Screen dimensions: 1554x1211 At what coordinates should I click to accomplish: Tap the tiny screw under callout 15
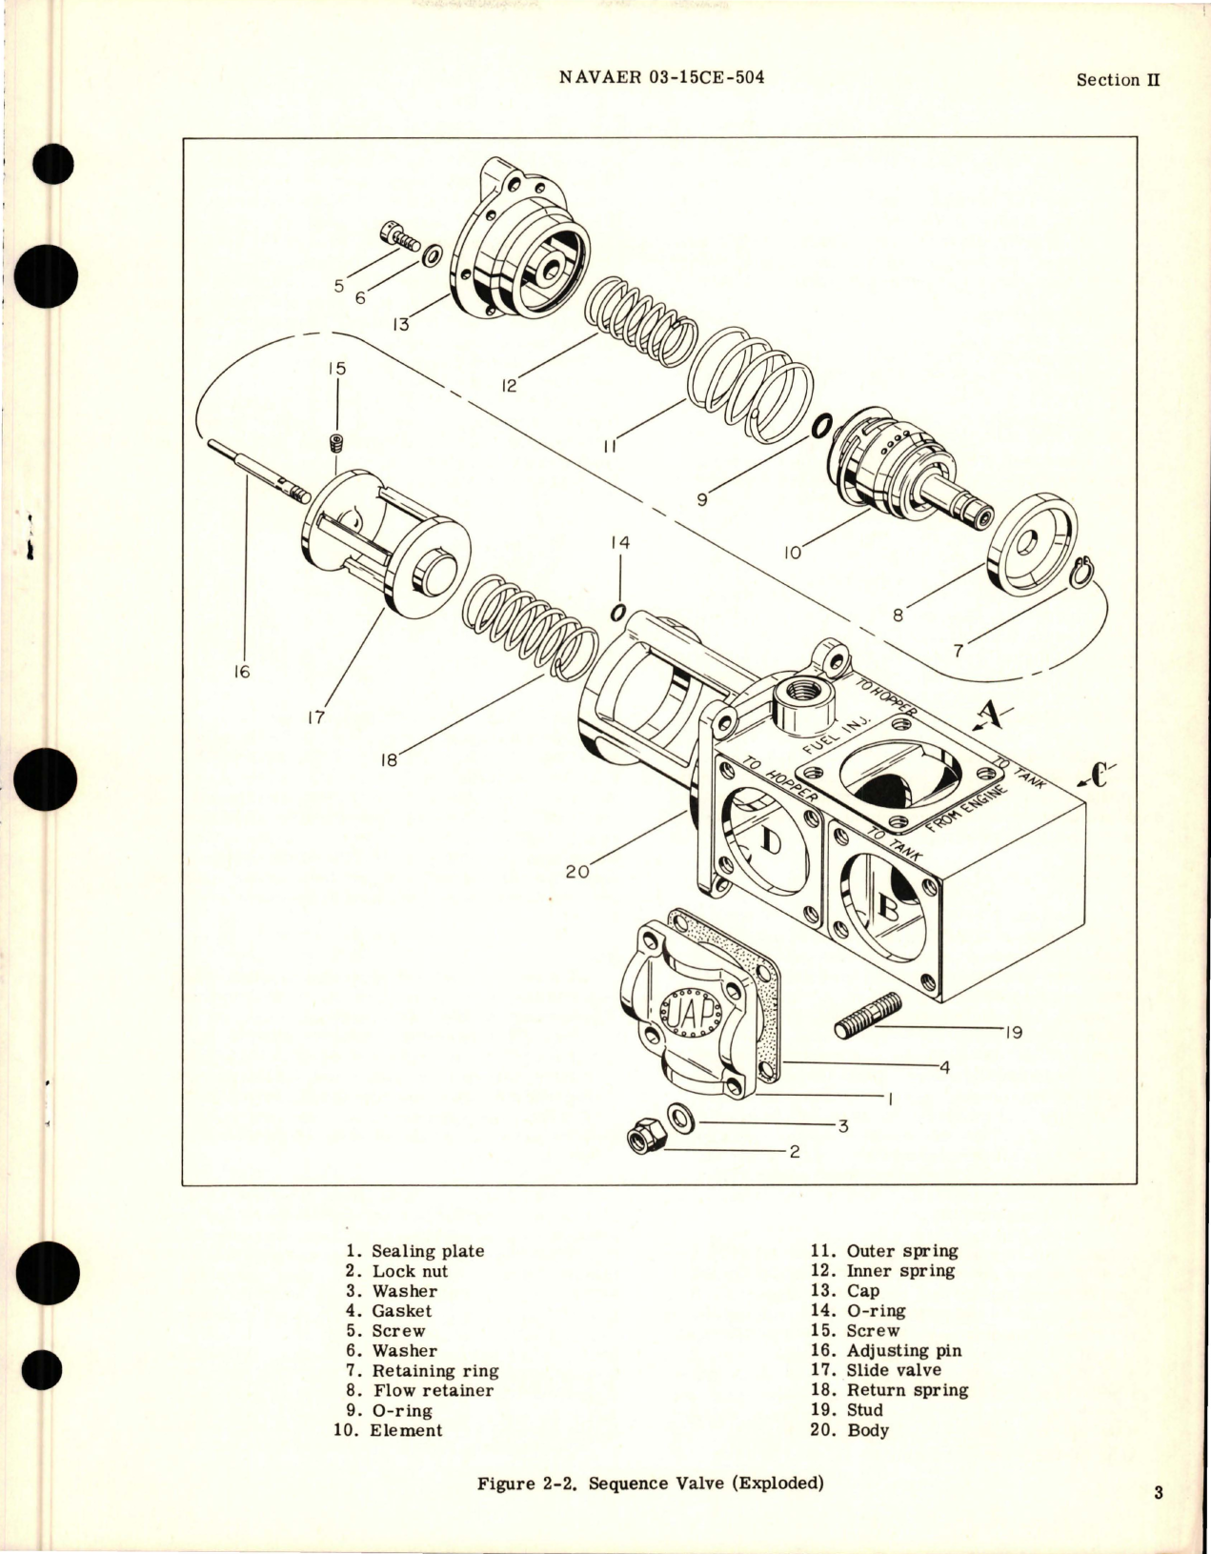click(x=335, y=444)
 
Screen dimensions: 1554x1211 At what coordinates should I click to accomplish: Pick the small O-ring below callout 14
click(x=617, y=611)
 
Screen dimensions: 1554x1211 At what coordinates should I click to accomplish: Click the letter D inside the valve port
click(x=772, y=841)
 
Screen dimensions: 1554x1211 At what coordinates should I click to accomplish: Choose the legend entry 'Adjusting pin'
click(x=903, y=1350)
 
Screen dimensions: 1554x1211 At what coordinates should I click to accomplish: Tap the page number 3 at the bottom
click(x=1159, y=1493)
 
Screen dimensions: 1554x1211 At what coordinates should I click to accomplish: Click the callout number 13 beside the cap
click(x=399, y=324)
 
